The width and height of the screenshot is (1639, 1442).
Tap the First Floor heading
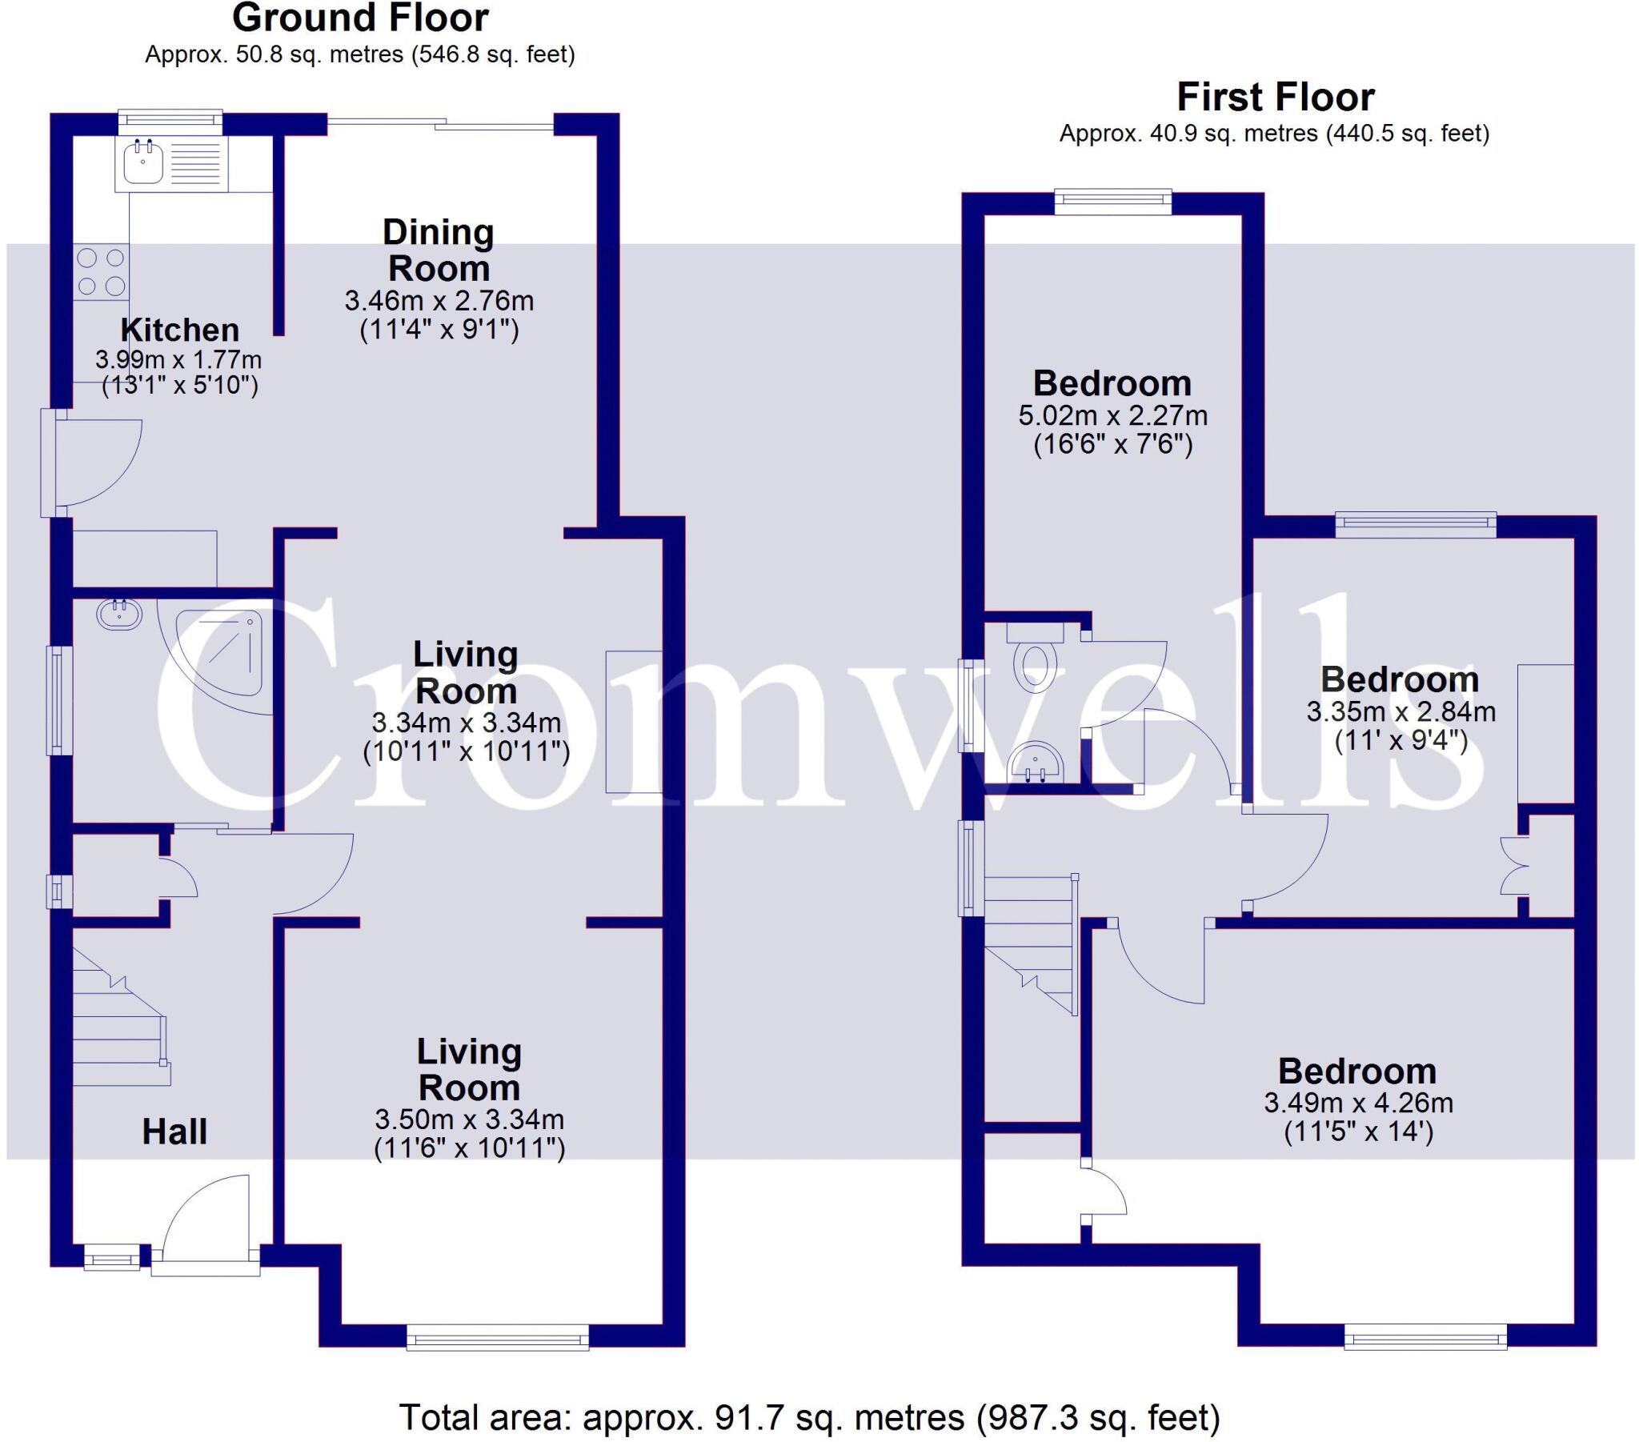(x=1275, y=97)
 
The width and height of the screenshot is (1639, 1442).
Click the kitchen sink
(x=144, y=162)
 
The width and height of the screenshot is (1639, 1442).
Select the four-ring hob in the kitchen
(x=101, y=272)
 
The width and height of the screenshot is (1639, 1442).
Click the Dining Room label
(x=438, y=250)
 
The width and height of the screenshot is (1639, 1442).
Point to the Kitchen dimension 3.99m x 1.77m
(x=178, y=359)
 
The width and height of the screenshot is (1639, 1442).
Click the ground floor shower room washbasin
(x=119, y=615)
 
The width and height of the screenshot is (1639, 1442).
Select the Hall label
(x=174, y=1132)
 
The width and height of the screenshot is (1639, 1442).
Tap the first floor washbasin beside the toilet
(x=1036, y=760)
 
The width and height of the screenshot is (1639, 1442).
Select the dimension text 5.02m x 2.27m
(x=1112, y=415)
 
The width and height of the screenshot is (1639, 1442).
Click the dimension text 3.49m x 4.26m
(x=1358, y=1103)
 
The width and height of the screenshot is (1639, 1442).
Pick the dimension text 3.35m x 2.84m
(x=1401, y=711)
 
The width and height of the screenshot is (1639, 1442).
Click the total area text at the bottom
(x=809, y=1417)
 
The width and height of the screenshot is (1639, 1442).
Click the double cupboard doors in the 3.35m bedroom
(x=1512, y=865)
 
